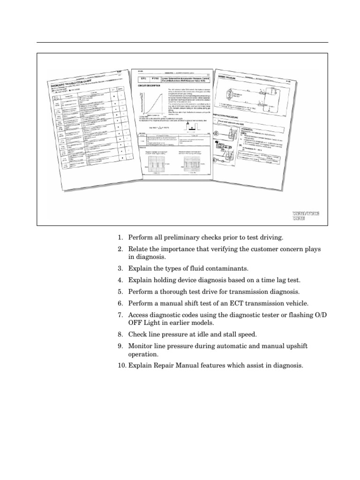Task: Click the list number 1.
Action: click(x=120, y=238)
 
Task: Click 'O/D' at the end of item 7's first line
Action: click(x=321, y=315)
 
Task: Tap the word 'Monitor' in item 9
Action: click(x=142, y=345)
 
